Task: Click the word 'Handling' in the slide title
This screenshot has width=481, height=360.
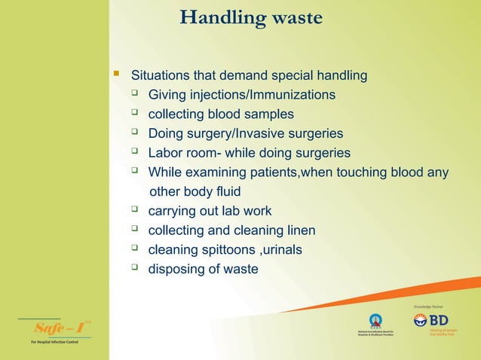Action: (x=217, y=17)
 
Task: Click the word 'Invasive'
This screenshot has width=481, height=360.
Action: (x=261, y=134)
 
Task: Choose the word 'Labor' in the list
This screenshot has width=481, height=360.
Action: (x=165, y=154)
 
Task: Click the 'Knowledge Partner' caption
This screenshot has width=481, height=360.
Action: (x=430, y=307)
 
